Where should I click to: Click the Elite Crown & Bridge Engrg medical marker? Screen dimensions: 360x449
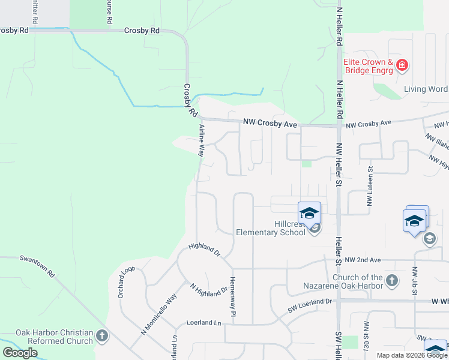point(402,65)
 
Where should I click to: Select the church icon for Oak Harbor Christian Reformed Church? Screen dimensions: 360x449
point(101,335)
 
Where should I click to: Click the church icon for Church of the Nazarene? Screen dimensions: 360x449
point(391,280)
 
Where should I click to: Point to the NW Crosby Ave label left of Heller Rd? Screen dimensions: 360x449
point(270,123)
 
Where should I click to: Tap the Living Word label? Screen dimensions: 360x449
point(425,89)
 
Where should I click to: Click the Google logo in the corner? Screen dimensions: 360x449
point(20,353)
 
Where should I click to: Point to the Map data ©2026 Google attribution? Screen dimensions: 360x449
point(412,355)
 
